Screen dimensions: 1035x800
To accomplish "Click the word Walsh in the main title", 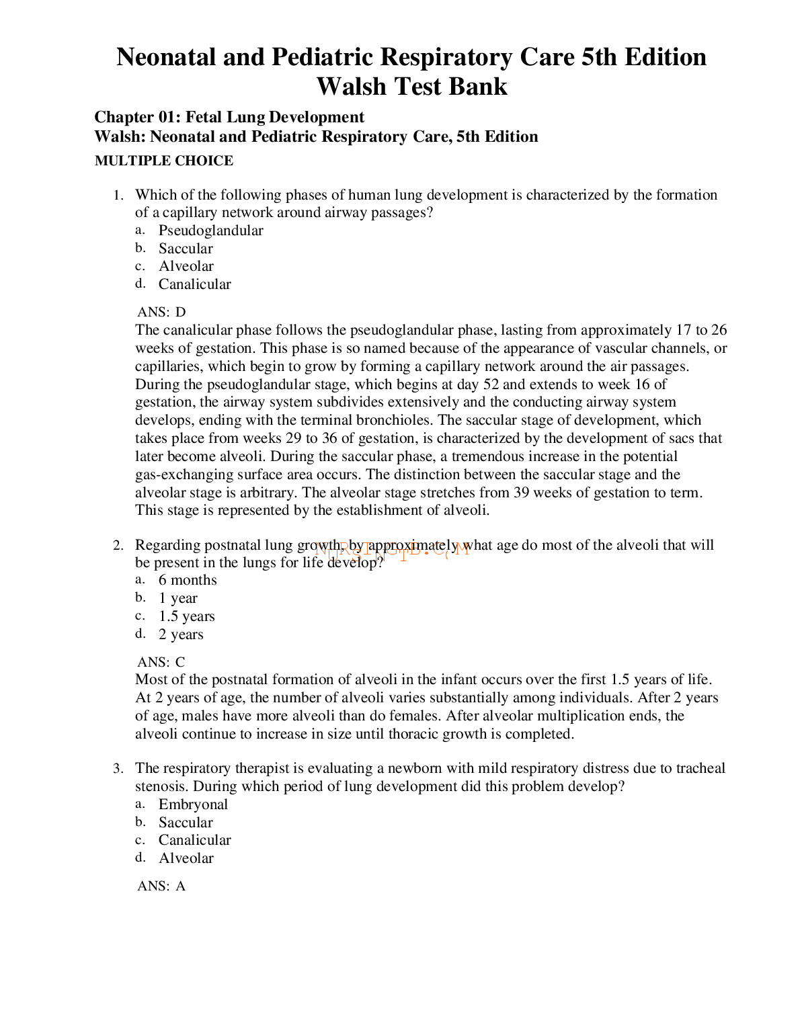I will point(352,87).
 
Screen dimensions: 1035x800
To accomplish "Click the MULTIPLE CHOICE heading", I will point(164,161).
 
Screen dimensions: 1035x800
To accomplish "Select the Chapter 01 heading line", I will point(229,118).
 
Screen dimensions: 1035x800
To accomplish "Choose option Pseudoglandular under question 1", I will point(210,231).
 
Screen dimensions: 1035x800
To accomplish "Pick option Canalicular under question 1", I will point(194,284).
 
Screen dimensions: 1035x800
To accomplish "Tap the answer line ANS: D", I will point(161,312).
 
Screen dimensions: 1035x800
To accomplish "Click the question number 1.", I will point(118,196).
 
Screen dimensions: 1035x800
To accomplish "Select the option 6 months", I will point(188,580).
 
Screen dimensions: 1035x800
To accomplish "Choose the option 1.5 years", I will point(186,616).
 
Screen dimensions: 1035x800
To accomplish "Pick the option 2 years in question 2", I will point(181,634).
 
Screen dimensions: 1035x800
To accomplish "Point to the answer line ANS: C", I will point(161,662).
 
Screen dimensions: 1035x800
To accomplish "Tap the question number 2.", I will point(118,546).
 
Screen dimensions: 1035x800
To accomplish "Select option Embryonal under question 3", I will point(193,804).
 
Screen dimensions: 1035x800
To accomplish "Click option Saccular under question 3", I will point(186,823).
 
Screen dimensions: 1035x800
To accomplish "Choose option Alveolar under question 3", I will point(186,858).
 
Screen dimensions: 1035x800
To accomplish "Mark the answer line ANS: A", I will point(161,886).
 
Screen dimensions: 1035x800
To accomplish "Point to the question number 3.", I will point(118,769).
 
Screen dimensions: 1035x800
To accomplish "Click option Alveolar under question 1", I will point(186,266).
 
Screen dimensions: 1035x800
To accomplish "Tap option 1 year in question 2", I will point(178,598).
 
